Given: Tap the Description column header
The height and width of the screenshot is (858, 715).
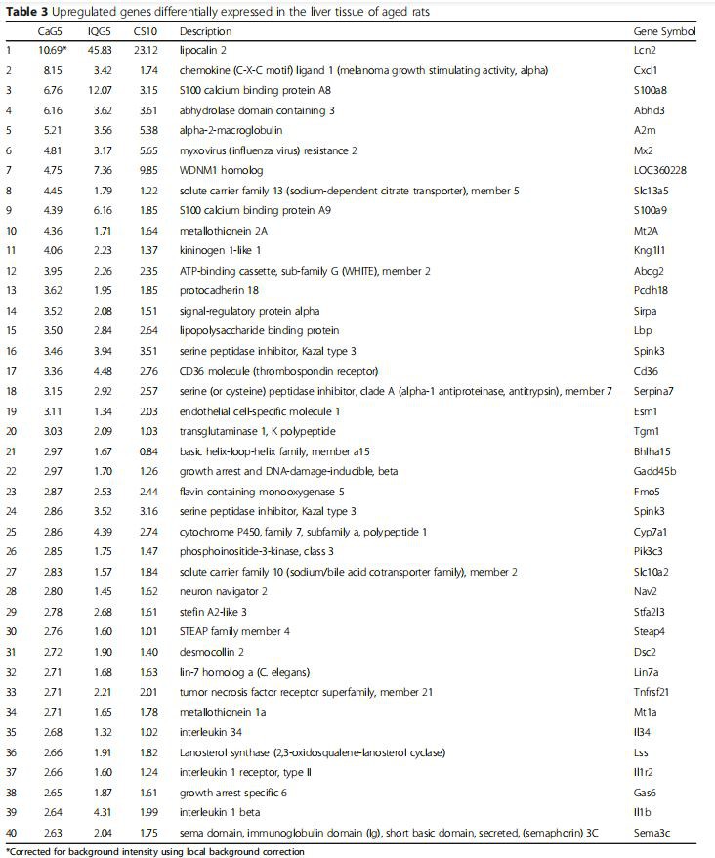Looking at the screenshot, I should [x=204, y=31].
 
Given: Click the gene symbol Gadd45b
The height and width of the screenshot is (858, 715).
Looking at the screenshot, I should [x=652, y=471].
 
